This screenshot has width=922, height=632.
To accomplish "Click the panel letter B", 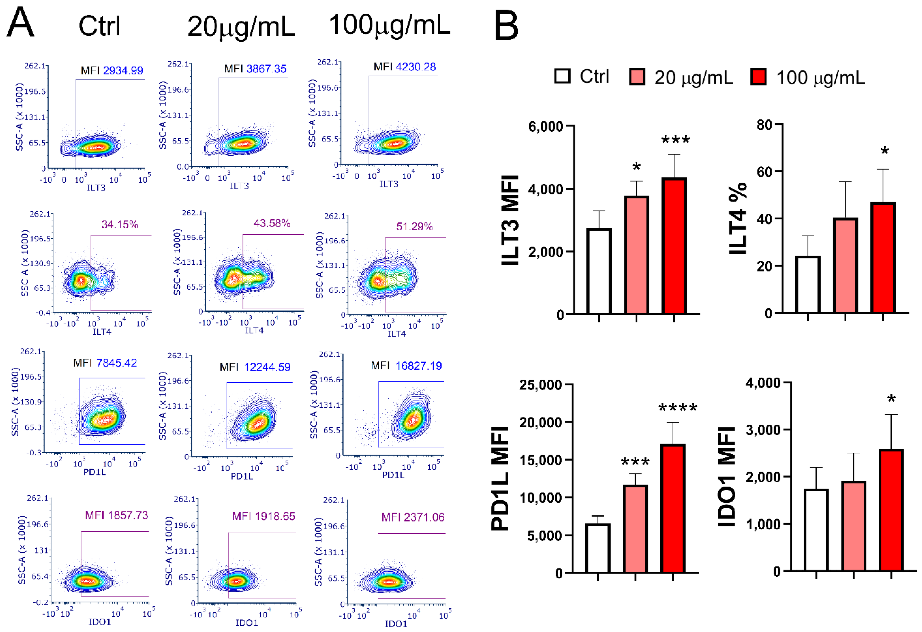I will [506, 26].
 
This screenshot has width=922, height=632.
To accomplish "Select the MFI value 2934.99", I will [123, 71].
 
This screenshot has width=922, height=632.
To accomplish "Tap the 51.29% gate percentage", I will [414, 227].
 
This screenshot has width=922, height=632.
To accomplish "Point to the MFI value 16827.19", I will [419, 366].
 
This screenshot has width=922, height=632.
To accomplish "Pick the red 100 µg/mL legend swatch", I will [758, 77].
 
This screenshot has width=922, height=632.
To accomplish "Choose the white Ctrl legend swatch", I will [562, 76].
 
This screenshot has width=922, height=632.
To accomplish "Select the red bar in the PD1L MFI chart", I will [673, 508].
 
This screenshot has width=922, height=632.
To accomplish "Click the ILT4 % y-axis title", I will [738, 218].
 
